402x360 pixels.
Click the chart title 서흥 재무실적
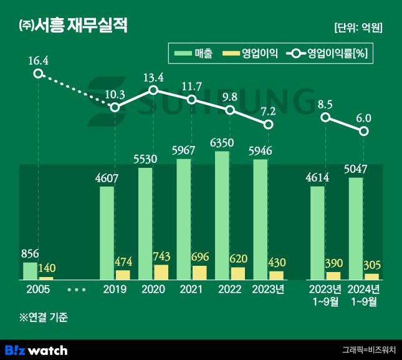click(74, 26)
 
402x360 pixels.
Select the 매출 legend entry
click(194, 54)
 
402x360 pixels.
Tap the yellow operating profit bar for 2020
click(161, 272)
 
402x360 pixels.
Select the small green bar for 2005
click(31, 270)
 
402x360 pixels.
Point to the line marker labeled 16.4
click(38, 74)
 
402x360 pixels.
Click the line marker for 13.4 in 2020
click(153, 90)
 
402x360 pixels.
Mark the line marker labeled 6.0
click(364, 131)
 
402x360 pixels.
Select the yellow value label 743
click(161, 257)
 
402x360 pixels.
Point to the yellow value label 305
click(372, 266)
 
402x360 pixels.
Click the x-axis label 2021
click(191, 289)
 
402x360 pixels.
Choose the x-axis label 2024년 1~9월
click(364, 295)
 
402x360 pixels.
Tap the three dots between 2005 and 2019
click(76, 289)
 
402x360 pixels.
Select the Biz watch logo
click(36, 349)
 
